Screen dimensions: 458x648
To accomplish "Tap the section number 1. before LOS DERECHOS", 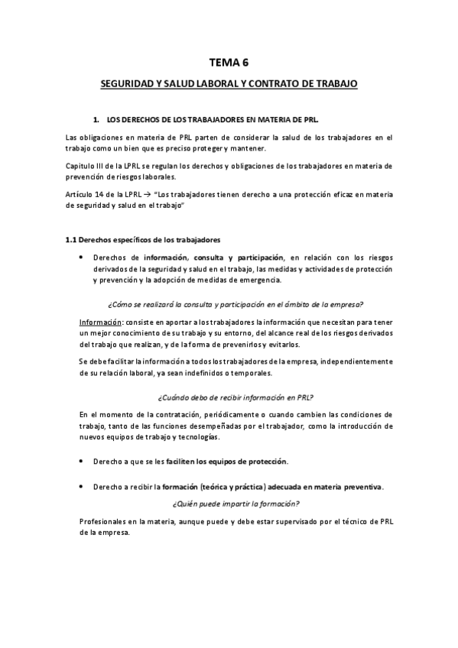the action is coord(96,120).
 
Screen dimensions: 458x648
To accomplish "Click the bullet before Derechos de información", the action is coord(82,257).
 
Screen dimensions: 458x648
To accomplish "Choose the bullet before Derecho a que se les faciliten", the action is coord(82,462).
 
